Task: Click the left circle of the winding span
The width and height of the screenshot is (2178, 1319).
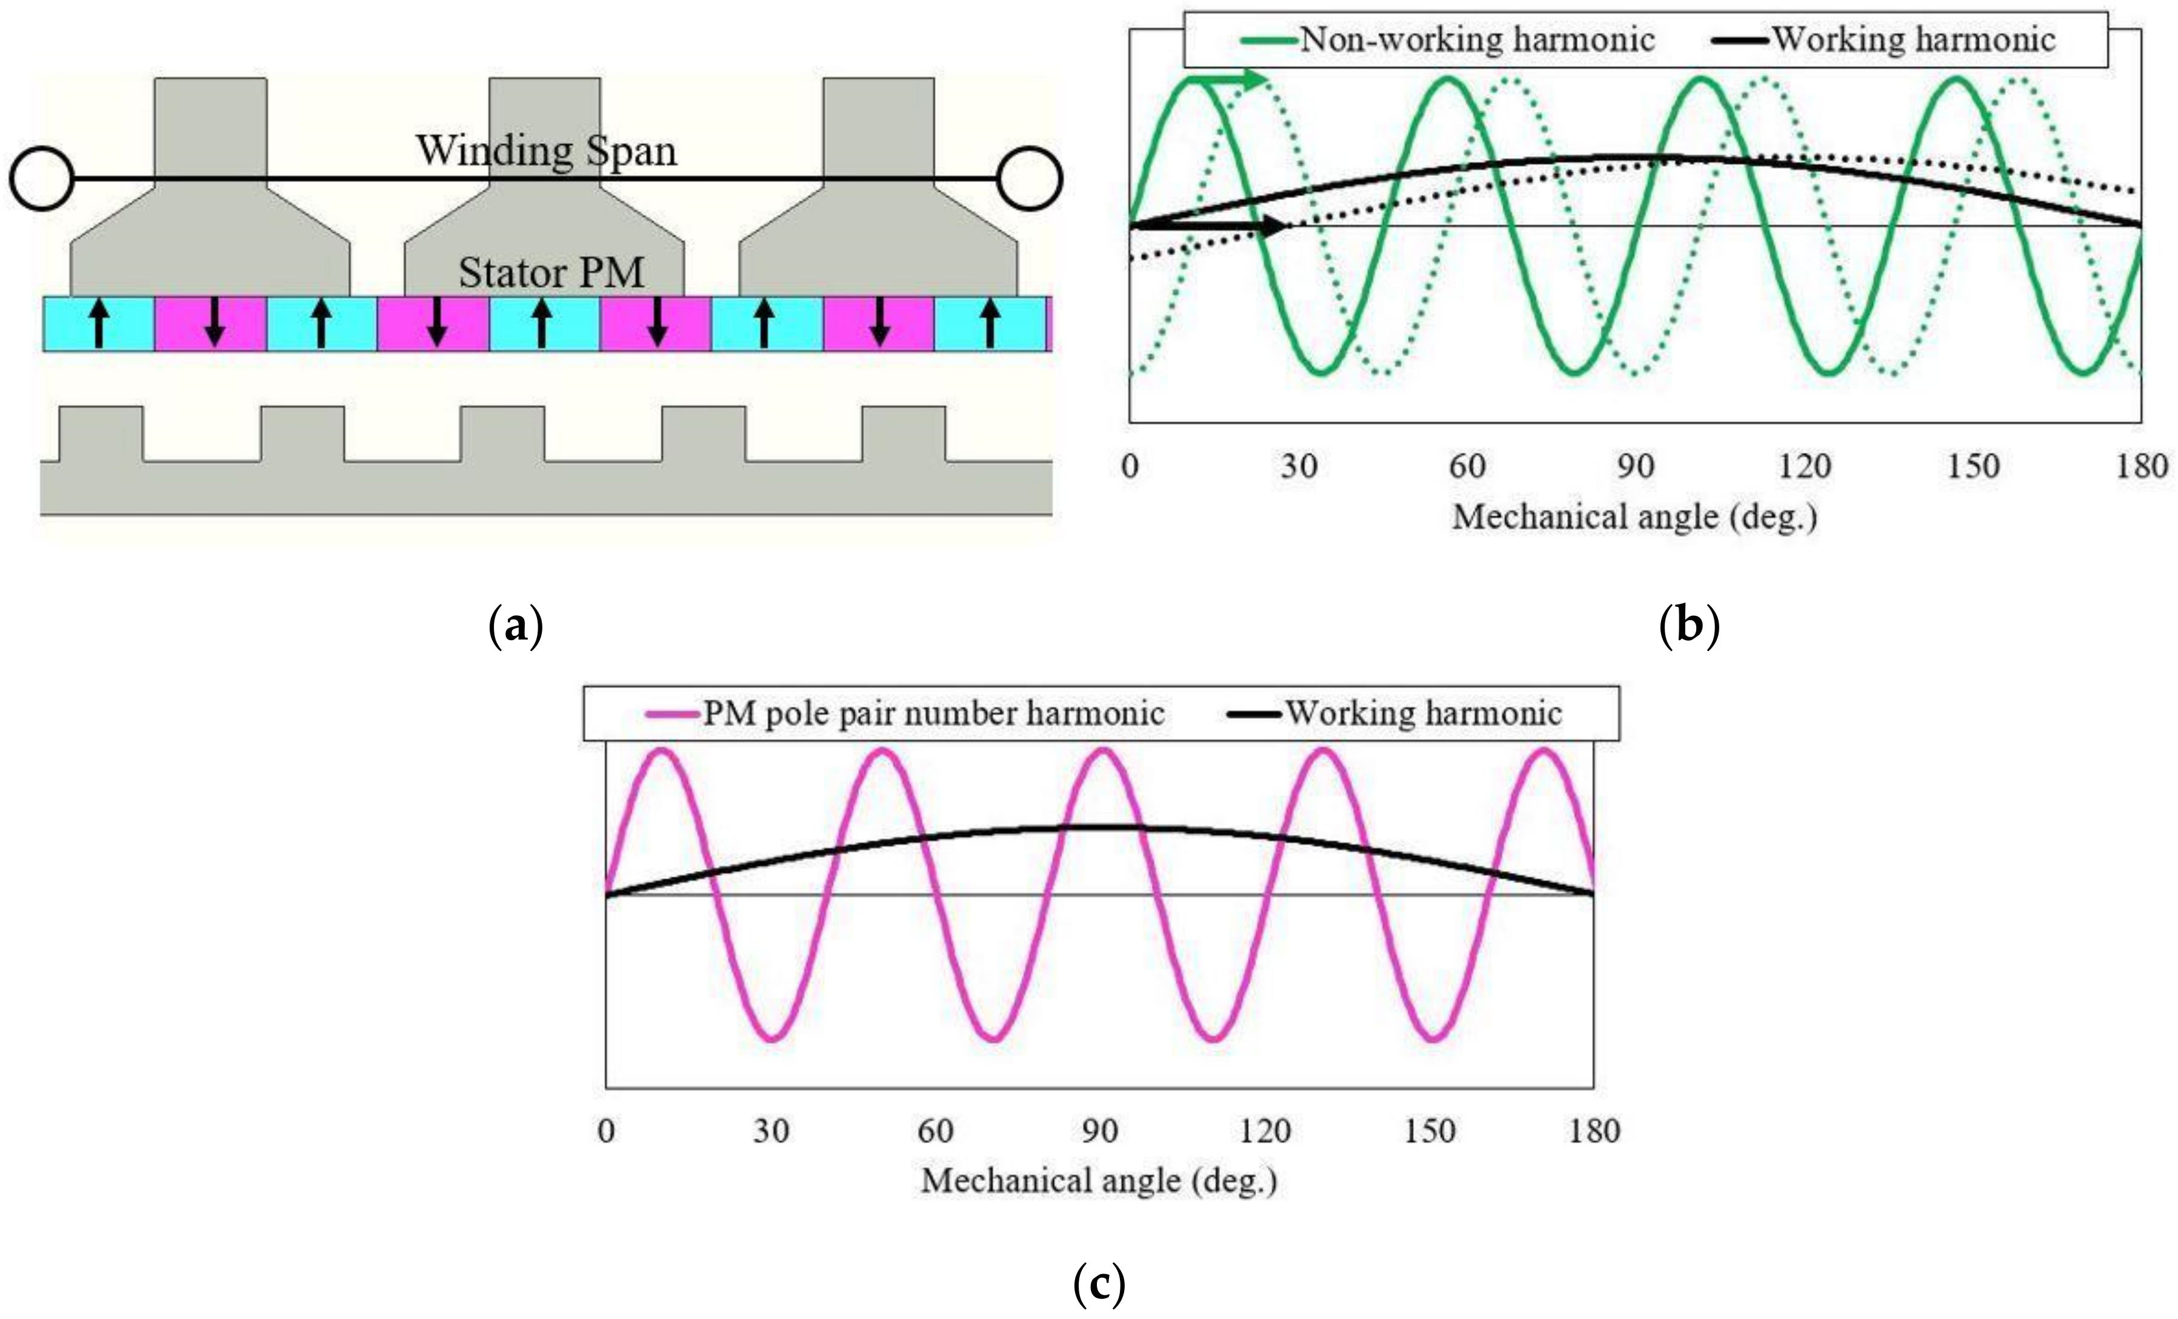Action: coord(40,179)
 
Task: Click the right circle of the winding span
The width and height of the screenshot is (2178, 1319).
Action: coord(1029,179)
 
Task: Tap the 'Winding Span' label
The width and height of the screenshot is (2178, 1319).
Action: coord(546,151)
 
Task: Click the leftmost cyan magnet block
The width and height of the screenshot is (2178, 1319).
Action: coord(99,324)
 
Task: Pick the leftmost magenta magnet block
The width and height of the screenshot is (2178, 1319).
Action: coord(211,324)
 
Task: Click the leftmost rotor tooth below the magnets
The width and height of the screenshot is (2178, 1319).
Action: coord(100,434)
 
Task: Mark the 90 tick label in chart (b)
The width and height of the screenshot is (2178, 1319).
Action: coord(1635,466)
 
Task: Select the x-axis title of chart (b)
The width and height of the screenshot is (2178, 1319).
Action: coord(1634,517)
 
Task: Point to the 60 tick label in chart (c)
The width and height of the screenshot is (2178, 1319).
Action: coord(935,1130)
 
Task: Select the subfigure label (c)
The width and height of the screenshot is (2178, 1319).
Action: coord(1099,1284)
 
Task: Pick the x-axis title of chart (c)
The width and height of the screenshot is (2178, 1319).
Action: coord(1099,1181)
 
